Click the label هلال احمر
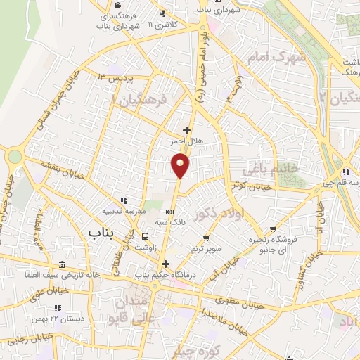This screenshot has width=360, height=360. point(186,141)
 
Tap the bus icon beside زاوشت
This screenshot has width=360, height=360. point(145,236)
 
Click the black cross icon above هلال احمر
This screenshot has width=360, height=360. point(186,129)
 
